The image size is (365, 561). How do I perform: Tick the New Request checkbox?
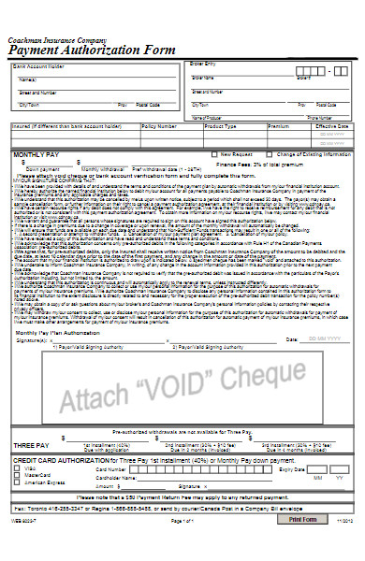tap(214, 153)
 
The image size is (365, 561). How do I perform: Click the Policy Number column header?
tap(158, 124)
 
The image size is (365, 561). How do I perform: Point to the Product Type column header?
tap(220, 124)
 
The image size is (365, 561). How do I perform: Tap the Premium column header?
tap(278, 124)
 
